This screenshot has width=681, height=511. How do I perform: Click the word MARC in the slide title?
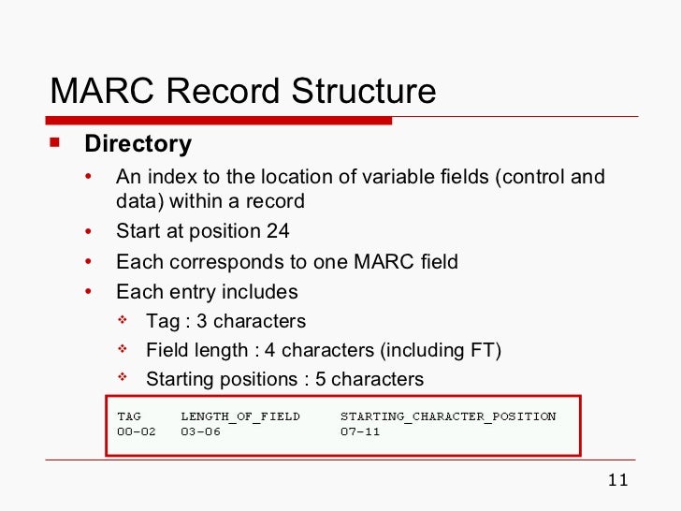(100, 91)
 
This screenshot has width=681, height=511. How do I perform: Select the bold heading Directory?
(138, 144)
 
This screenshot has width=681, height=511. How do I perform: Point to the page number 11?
(617, 481)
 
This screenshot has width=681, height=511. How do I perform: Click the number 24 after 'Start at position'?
(278, 231)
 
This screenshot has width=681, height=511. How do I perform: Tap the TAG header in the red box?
(129, 416)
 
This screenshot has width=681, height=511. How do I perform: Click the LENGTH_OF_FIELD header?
(240, 416)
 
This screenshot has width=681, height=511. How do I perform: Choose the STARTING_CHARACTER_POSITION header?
(448, 416)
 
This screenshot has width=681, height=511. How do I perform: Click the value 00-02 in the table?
(137, 432)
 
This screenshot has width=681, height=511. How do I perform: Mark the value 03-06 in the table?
(200, 432)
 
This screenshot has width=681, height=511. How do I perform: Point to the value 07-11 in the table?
(360, 432)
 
